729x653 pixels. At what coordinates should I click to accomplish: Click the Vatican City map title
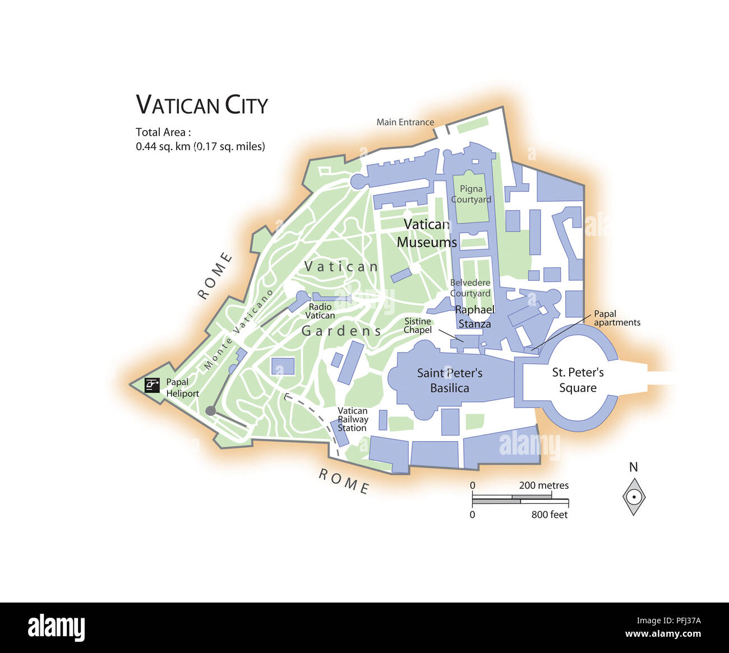click(x=202, y=105)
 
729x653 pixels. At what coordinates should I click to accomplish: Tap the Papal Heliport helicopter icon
click(x=152, y=385)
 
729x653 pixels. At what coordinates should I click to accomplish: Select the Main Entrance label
click(x=405, y=122)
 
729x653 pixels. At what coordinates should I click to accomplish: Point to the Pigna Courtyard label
click(x=471, y=194)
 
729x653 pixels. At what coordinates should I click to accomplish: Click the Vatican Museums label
click(x=427, y=233)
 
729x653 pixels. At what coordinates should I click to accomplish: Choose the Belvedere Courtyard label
click(x=470, y=288)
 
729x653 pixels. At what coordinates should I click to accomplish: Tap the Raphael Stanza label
click(x=474, y=317)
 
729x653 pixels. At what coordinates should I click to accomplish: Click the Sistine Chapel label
click(x=418, y=326)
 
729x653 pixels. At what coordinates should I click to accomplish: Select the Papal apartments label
click(x=617, y=318)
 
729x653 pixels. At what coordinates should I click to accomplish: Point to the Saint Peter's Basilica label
click(x=450, y=381)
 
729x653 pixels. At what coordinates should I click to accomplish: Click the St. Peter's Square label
click(x=578, y=380)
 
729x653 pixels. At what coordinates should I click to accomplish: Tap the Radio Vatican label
click(x=320, y=311)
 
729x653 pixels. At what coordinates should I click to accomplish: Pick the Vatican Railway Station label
click(x=353, y=419)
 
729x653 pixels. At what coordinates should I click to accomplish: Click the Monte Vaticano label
click(x=238, y=330)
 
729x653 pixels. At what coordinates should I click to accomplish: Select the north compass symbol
click(x=634, y=496)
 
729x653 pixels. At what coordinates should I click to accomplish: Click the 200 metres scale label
click(x=543, y=485)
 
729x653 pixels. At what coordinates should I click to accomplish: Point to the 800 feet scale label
click(x=549, y=515)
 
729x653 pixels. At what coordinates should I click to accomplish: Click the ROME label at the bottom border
click(x=344, y=481)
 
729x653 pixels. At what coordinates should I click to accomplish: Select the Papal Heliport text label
click(x=182, y=388)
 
